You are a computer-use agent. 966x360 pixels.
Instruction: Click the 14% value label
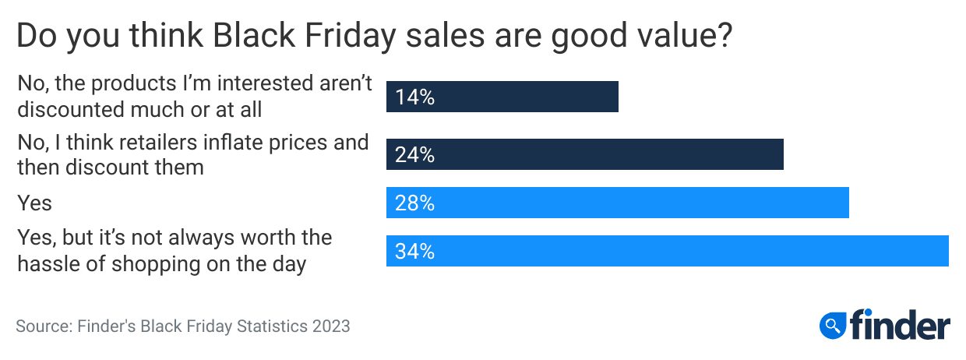414,97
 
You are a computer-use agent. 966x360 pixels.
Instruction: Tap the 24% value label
414,155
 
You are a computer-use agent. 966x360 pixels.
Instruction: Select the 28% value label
414,203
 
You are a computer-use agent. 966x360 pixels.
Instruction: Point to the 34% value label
414,252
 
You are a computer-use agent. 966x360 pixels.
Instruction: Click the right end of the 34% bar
947,252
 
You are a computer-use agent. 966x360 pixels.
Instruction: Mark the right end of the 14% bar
616,97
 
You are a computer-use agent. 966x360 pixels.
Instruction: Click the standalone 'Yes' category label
34,203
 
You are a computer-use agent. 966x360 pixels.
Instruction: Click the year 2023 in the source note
331,326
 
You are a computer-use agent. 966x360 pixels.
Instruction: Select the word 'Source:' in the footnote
44,326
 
